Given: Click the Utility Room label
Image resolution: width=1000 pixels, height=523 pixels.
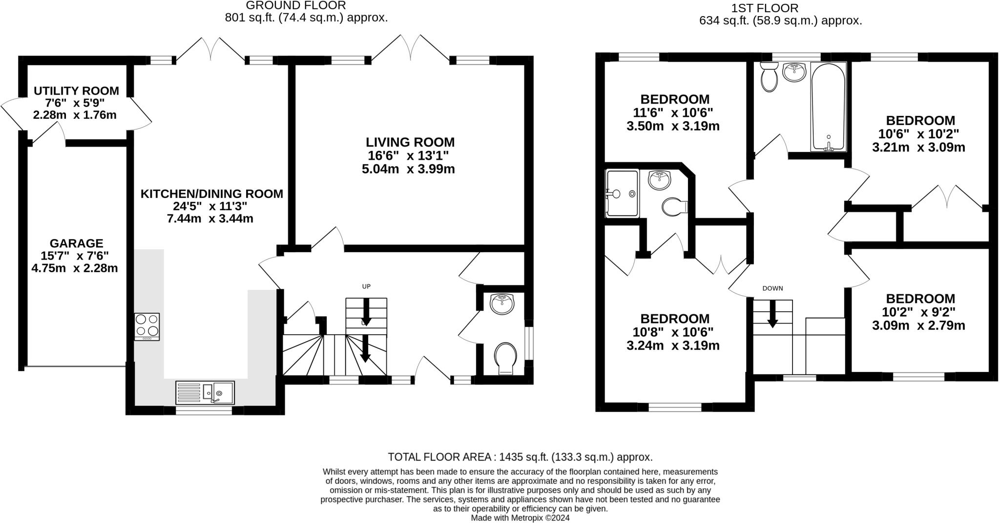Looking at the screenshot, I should pos(76,91).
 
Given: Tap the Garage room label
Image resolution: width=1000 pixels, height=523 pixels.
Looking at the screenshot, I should pos(76,243).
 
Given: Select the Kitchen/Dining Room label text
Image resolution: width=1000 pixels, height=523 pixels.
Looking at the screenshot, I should pos(211,194).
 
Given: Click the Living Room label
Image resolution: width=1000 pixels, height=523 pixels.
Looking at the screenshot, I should pos(410,142).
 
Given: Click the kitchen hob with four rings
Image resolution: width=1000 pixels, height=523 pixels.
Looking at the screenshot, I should pos(147,326).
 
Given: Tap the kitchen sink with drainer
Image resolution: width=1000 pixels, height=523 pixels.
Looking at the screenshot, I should pos(205,392).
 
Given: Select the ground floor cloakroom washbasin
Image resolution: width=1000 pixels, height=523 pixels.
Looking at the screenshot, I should pos(502,304).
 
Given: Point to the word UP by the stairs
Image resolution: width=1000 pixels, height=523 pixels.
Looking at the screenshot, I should pos(366,286).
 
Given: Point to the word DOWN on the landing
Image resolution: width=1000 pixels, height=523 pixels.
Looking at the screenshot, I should pos(772,288).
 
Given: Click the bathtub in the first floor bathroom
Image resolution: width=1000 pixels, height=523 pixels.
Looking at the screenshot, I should pos(828,106).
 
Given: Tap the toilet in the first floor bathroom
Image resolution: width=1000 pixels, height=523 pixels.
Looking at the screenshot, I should pos(769,78).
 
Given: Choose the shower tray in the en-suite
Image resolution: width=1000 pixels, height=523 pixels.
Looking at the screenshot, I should pos(622,194).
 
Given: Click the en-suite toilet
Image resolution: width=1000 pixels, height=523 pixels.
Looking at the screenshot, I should pos(673,207).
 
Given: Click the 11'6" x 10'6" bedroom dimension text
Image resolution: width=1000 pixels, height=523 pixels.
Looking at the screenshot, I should pos(673,112).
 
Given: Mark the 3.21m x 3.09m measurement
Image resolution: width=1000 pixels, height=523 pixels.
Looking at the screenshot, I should pos(918,147).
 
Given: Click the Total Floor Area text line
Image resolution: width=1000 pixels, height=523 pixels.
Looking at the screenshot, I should pos(520,457).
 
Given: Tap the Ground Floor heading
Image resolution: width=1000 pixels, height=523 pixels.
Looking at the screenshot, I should pos(296,5).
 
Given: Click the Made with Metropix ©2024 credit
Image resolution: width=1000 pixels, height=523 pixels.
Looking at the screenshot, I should pos(520,518).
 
